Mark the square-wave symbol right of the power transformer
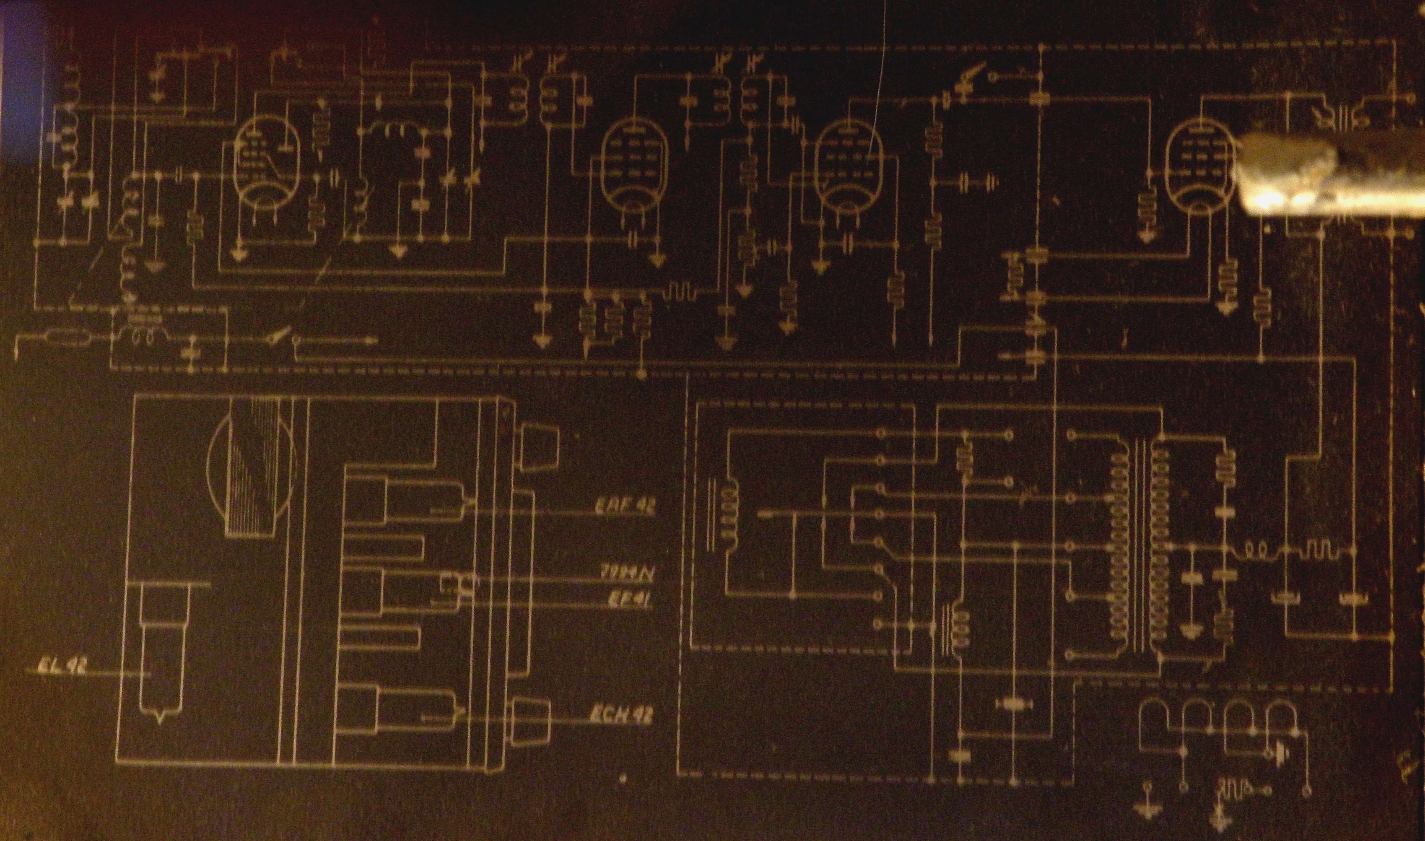point(1320,550)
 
